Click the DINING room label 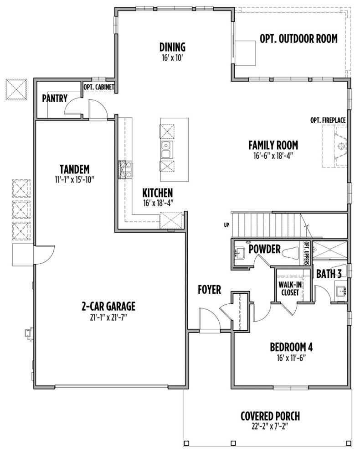(172, 47)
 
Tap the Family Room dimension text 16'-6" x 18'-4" (273, 156)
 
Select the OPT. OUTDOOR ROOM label (298, 38)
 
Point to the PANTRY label (55, 98)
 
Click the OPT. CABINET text (99, 87)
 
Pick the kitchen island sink (166, 150)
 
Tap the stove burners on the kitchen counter (126, 169)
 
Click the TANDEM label (75, 169)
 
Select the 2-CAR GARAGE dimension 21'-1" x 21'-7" (108, 318)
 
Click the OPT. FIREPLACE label (328, 120)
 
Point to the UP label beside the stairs (226, 224)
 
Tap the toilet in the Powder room (290, 254)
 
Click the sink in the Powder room (240, 254)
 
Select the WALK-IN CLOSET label (290, 289)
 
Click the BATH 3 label (329, 274)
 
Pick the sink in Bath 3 (341, 291)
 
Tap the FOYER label (209, 290)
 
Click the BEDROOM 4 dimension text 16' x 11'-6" (291, 358)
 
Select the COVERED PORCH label (270, 416)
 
